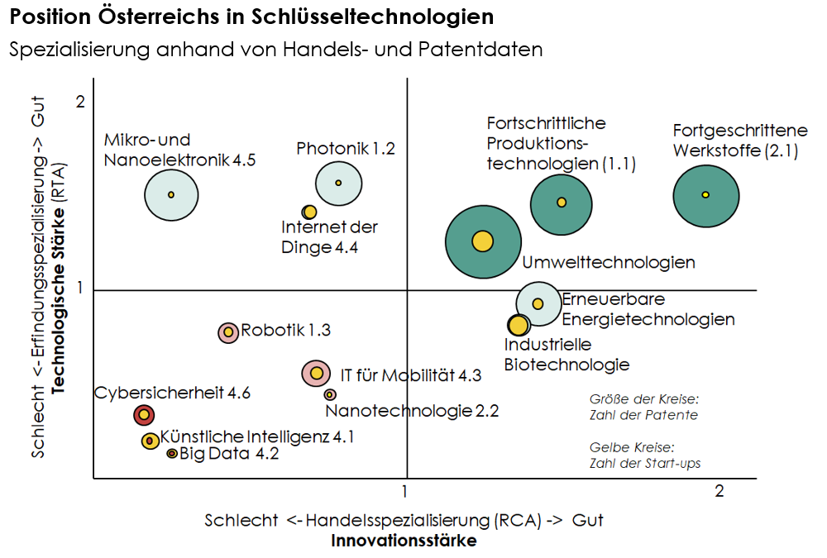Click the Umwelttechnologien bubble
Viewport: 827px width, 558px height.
[483, 241]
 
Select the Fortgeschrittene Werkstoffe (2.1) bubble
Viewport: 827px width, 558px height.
[705, 196]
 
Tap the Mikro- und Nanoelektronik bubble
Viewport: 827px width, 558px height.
[171, 194]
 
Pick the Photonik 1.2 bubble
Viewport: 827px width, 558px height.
[338, 183]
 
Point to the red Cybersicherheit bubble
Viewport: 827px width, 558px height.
[144, 415]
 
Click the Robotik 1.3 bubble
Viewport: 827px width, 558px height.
[228, 332]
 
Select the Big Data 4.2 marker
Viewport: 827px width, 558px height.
[172, 454]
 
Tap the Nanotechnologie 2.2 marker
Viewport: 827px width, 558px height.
[330, 394]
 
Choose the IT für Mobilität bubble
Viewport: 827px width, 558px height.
[316, 374]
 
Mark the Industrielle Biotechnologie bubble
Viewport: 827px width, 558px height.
[519, 325]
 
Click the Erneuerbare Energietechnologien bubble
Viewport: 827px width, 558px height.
[538, 303]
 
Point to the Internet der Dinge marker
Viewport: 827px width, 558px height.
[309, 212]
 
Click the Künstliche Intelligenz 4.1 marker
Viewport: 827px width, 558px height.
[151, 441]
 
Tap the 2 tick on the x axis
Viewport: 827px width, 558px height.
[719, 492]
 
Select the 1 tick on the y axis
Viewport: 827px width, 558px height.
[80, 288]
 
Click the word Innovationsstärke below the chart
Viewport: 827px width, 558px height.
[404, 541]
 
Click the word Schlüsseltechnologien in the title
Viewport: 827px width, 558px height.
[372, 17]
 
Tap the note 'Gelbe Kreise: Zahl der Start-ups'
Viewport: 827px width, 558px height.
[645, 455]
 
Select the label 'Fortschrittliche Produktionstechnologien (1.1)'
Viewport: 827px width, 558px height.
[562, 144]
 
